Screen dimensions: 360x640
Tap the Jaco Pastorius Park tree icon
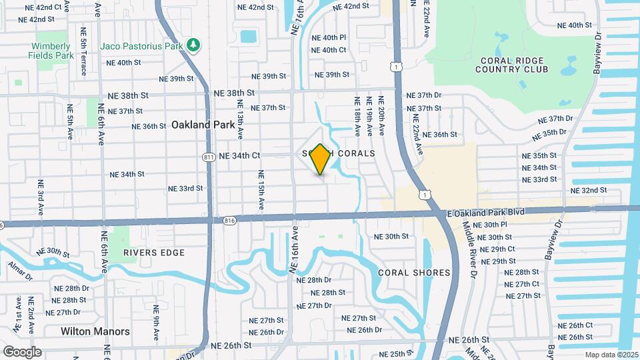(x=193, y=45)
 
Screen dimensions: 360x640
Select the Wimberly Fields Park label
(x=51, y=51)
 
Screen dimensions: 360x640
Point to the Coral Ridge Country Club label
(x=513, y=64)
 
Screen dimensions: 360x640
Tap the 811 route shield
(x=208, y=157)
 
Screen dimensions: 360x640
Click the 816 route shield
(x=231, y=219)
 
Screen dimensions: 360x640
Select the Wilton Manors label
(x=95, y=331)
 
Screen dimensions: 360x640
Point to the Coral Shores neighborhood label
(x=414, y=273)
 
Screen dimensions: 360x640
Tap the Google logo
(x=21, y=351)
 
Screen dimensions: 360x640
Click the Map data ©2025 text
(x=611, y=355)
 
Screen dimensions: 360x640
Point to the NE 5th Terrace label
(x=83, y=51)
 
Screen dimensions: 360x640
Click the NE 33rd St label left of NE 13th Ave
(x=185, y=189)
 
